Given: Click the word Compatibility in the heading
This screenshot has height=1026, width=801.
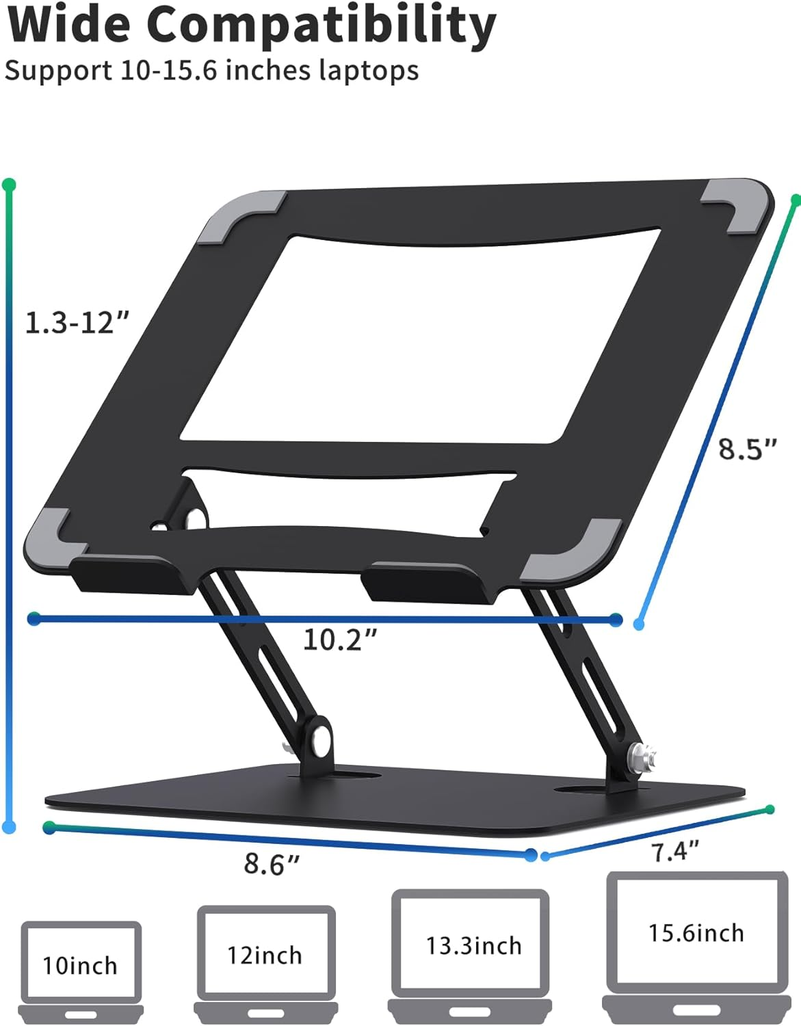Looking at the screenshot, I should [321, 25].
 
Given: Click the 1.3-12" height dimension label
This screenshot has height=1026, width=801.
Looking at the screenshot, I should [77, 322].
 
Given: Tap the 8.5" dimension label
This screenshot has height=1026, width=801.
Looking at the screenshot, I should [748, 449].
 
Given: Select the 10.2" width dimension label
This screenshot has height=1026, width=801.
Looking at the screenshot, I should [340, 640].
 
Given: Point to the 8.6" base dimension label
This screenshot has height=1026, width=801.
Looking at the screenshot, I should [272, 864].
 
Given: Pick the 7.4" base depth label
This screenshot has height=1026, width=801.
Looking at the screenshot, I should [674, 852].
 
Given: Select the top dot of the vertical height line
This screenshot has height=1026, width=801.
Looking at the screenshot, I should [9, 185].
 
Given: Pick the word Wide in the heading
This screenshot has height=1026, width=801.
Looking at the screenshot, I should [68, 25].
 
